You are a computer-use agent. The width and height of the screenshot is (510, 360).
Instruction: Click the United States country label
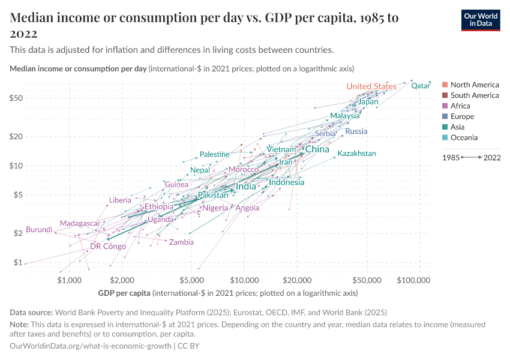pos(371,86)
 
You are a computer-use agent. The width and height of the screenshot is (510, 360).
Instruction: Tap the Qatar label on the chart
pos(421,86)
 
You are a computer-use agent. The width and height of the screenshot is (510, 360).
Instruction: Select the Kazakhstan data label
pos(356,154)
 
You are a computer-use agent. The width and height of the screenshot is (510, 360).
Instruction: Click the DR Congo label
pos(108,247)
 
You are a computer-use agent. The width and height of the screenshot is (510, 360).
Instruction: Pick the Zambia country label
pos(181,242)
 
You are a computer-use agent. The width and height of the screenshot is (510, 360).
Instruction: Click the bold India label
pos(246,187)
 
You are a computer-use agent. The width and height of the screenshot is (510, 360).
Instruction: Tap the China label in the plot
pos(317,149)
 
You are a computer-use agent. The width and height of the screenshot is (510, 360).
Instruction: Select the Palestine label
pos(215,154)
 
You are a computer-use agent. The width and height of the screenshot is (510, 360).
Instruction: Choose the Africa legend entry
pos(460,106)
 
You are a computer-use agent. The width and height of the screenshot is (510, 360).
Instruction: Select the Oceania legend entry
pos(464,138)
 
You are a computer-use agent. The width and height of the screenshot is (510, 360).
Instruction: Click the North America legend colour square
pos(444,85)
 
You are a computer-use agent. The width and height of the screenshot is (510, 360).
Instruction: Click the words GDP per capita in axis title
pos(124,293)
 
